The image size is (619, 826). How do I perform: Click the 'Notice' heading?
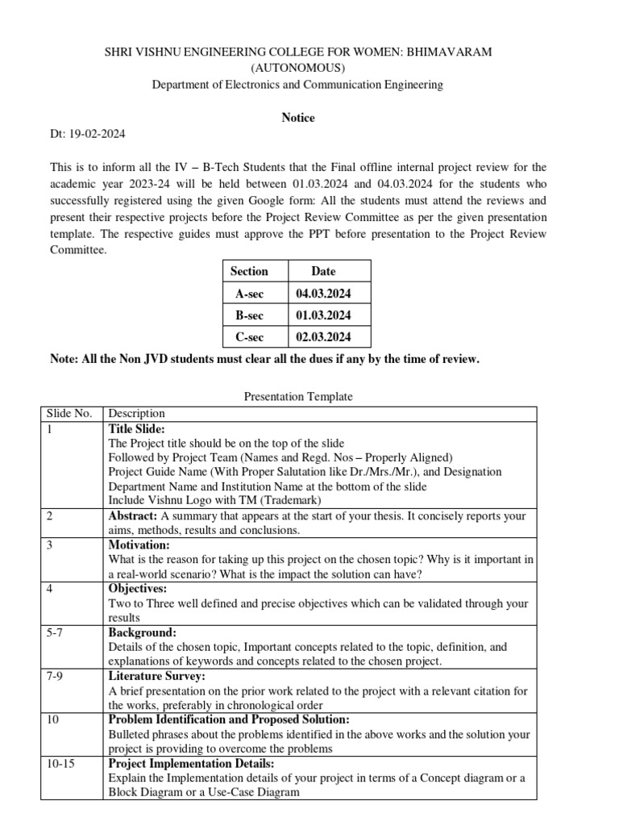coord(297,118)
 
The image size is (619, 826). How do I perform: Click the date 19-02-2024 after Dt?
coord(97,134)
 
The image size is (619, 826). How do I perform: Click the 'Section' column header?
coord(249,272)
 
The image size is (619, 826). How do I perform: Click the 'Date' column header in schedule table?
coord(323,272)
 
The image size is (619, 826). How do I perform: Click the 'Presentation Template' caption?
coord(297,397)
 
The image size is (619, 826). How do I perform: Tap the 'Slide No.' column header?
coord(69,414)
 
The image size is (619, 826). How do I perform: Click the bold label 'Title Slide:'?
coord(136,429)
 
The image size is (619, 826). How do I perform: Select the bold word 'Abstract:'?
coord(133,515)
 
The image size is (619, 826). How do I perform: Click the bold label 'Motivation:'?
coord(139,544)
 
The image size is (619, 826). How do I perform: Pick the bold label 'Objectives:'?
coord(138,589)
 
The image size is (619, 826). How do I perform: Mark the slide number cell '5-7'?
coord(56,632)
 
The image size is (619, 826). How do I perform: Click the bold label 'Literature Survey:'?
coord(156,676)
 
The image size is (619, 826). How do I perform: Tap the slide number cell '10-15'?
coord(60,763)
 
